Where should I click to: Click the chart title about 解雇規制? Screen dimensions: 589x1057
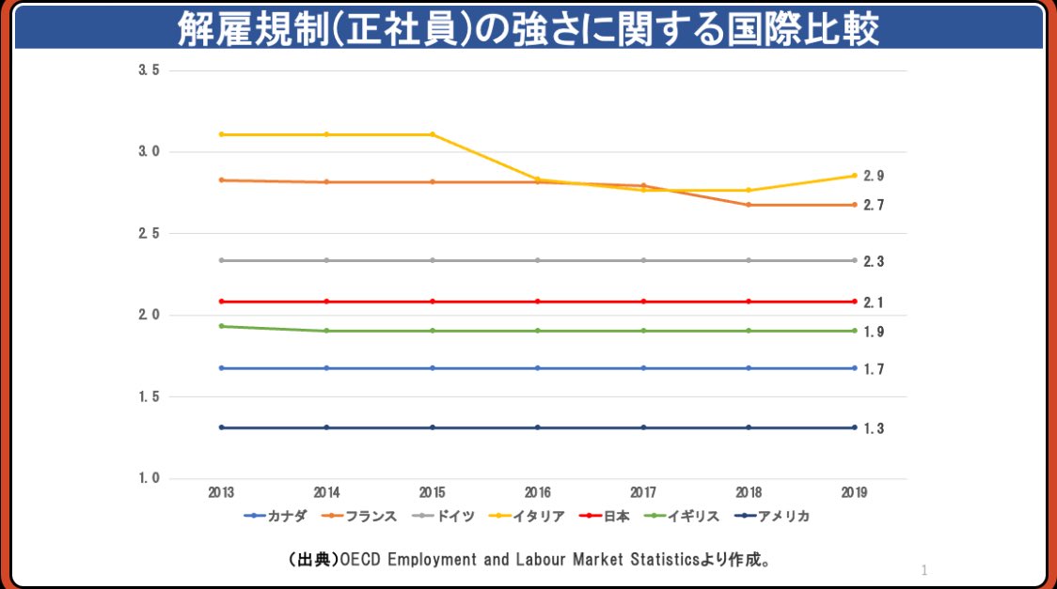pos(528,28)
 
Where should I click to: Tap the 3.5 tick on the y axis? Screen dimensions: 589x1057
pos(149,70)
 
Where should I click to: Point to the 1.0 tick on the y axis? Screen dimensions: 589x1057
pos(149,479)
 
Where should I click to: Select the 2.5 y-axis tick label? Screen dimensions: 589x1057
pos(149,234)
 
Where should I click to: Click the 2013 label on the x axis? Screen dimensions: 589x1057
pos(221,491)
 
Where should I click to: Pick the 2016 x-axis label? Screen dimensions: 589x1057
pos(538,491)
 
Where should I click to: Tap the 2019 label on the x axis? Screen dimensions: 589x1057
pos(854,491)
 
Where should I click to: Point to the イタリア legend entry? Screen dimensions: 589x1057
pos(531,516)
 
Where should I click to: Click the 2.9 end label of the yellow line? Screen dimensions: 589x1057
pos(874,176)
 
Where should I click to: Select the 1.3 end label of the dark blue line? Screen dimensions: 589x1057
pos(874,428)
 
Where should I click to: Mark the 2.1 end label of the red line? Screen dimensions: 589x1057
pos(874,302)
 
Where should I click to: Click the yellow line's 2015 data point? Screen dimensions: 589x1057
pos(433,134)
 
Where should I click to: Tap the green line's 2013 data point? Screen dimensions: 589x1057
pos(221,326)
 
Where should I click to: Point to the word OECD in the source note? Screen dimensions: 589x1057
pos(357,560)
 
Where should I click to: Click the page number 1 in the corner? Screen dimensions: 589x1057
pos(924,569)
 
